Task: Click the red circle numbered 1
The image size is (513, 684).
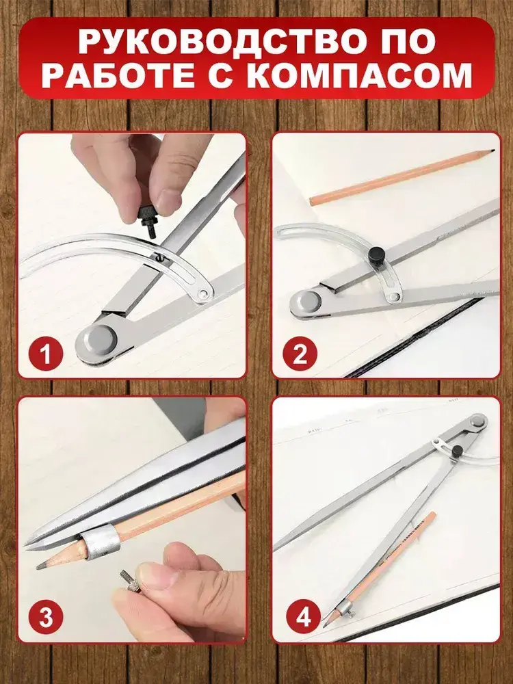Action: tap(47, 354)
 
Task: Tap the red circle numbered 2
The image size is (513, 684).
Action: tap(300, 354)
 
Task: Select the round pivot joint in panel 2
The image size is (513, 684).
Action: tap(308, 302)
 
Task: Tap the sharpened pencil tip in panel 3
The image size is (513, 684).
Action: tap(42, 566)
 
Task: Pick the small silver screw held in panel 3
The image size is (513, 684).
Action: tap(129, 581)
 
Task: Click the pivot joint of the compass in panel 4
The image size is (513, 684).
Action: tap(478, 421)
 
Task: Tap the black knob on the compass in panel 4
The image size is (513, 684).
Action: tap(457, 451)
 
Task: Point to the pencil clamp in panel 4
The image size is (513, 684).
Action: tap(345, 607)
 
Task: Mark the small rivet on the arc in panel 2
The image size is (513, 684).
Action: tap(395, 297)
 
